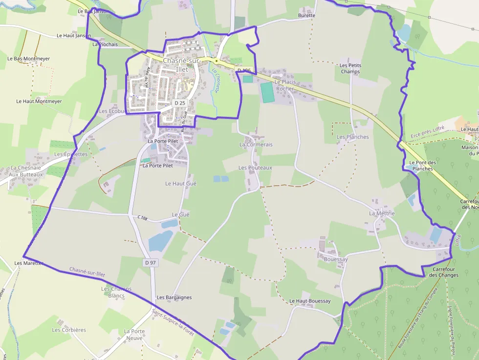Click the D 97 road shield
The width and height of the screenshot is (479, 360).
(x=151, y=263)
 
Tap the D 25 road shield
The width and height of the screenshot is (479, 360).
(x=180, y=103)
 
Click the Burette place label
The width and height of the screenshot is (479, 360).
(x=306, y=16)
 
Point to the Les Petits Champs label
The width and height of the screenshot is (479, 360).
(x=350, y=68)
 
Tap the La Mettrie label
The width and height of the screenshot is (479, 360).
(x=382, y=213)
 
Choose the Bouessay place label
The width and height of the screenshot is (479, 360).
(x=336, y=259)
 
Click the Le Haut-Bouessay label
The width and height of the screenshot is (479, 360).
(x=310, y=301)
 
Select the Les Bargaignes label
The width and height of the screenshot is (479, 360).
(x=174, y=297)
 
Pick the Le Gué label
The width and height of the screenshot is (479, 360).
(x=180, y=215)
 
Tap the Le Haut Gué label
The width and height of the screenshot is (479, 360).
(x=181, y=184)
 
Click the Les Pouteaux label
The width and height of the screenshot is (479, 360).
(x=255, y=168)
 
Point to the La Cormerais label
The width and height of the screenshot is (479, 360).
(x=256, y=145)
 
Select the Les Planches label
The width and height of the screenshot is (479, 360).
(x=353, y=137)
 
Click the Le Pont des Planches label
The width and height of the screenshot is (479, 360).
(x=421, y=166)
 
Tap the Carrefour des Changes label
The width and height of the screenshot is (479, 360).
(x=444, y=272)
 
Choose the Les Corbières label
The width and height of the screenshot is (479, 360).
(x=69, y=330)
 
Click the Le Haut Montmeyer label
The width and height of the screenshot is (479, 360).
(x=39, y=102)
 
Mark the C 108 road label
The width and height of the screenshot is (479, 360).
(x=142, y=217)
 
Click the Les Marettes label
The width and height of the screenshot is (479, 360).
(x=29, y=263)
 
